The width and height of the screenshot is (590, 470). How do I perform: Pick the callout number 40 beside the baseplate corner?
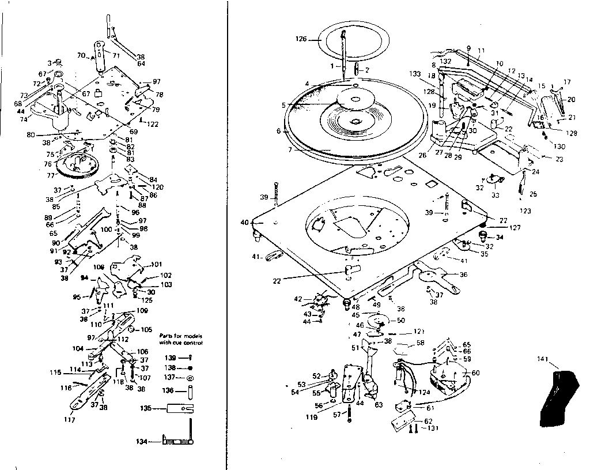tap(245, 221)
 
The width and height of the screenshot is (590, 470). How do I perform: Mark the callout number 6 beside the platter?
tap(279, 131)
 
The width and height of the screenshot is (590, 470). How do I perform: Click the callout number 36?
tap(463, 275)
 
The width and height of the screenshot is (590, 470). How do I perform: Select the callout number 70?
tap(81, 56)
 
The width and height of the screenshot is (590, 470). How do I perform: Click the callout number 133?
tap(415, 74)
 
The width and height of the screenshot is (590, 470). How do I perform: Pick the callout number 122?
tap(153, 124)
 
